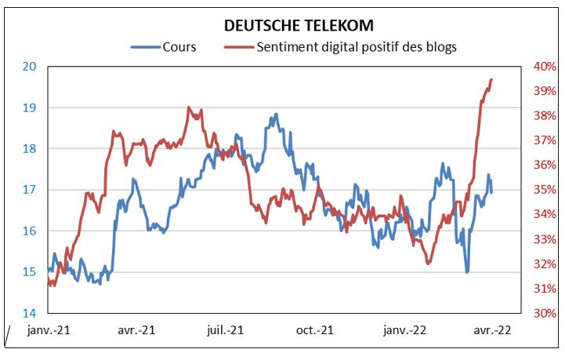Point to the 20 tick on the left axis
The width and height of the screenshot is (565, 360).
coord(30,66)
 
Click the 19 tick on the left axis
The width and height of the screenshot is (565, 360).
coord(30,107)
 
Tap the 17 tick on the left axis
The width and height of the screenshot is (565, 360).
coord(30,190)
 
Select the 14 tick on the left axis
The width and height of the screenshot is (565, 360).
coord(30,313)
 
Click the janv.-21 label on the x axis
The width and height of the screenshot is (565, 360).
coord(49,331)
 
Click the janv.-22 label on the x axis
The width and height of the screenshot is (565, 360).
coord(404,331)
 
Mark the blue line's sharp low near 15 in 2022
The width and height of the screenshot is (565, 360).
coord(467,272)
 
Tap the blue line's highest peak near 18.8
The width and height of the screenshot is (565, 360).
coord(277,114)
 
